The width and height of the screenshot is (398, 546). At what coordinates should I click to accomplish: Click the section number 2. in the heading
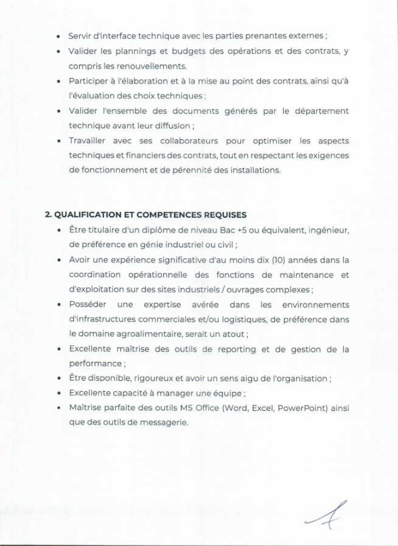(49, 215)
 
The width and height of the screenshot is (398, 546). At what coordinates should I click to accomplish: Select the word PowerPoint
(302, 408)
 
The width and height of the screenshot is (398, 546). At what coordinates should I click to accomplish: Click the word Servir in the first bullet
(80, 37)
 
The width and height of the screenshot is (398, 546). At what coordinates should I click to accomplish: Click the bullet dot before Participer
(58, 81)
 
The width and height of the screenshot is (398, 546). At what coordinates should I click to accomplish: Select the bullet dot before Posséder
(58, 304)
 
